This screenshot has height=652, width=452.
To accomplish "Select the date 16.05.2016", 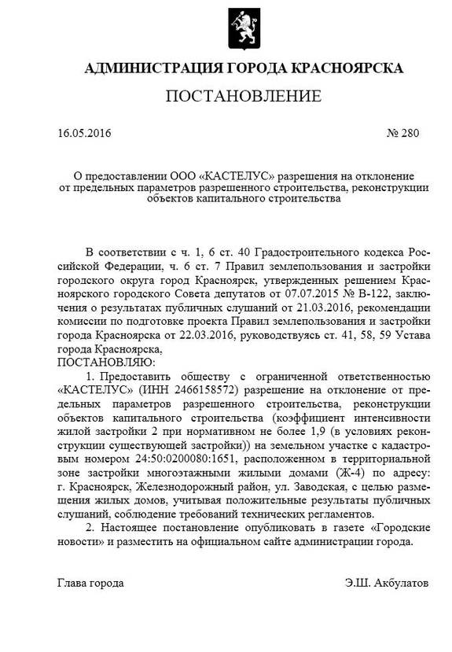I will [84, 133].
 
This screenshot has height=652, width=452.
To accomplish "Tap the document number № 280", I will [405, 133].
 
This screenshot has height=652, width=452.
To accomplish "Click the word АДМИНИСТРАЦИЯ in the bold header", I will [147, 68].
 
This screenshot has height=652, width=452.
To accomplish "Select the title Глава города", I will [90, 584].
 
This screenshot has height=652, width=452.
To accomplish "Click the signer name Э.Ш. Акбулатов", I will [387, 584].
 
